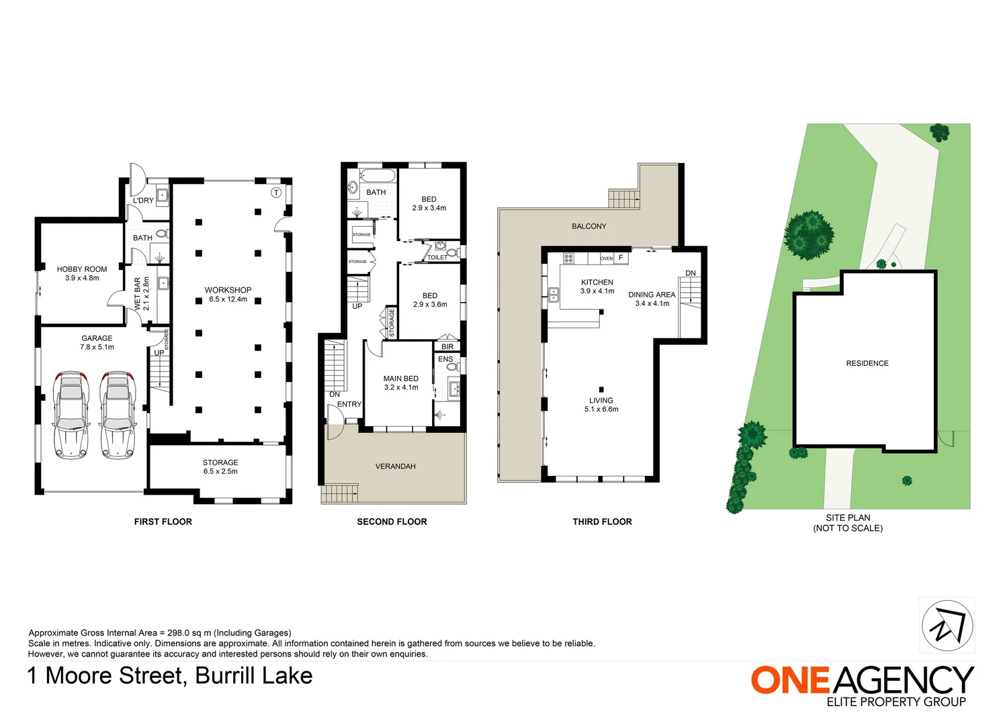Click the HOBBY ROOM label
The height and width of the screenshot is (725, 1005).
82,269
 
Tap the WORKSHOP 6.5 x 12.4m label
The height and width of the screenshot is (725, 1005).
228,295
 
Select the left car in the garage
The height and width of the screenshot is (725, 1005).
71,415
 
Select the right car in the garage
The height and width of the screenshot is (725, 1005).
118,415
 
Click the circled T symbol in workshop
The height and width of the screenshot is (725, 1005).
275,193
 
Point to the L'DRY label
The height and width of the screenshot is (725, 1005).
143,200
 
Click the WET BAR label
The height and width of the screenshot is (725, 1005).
138,293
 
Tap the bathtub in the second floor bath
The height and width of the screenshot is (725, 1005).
378,177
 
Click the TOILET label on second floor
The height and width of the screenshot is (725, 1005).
437,257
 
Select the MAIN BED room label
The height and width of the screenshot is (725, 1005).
401,379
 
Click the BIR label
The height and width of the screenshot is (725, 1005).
447,346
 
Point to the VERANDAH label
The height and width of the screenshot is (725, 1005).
395,466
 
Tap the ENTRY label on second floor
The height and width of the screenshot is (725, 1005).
349,404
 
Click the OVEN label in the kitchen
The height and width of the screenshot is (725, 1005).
607,258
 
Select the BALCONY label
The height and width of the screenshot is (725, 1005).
588,226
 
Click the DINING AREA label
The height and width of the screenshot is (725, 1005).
652,295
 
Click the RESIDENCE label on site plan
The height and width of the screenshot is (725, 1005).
867,363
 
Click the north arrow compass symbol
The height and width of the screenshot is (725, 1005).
947,626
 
